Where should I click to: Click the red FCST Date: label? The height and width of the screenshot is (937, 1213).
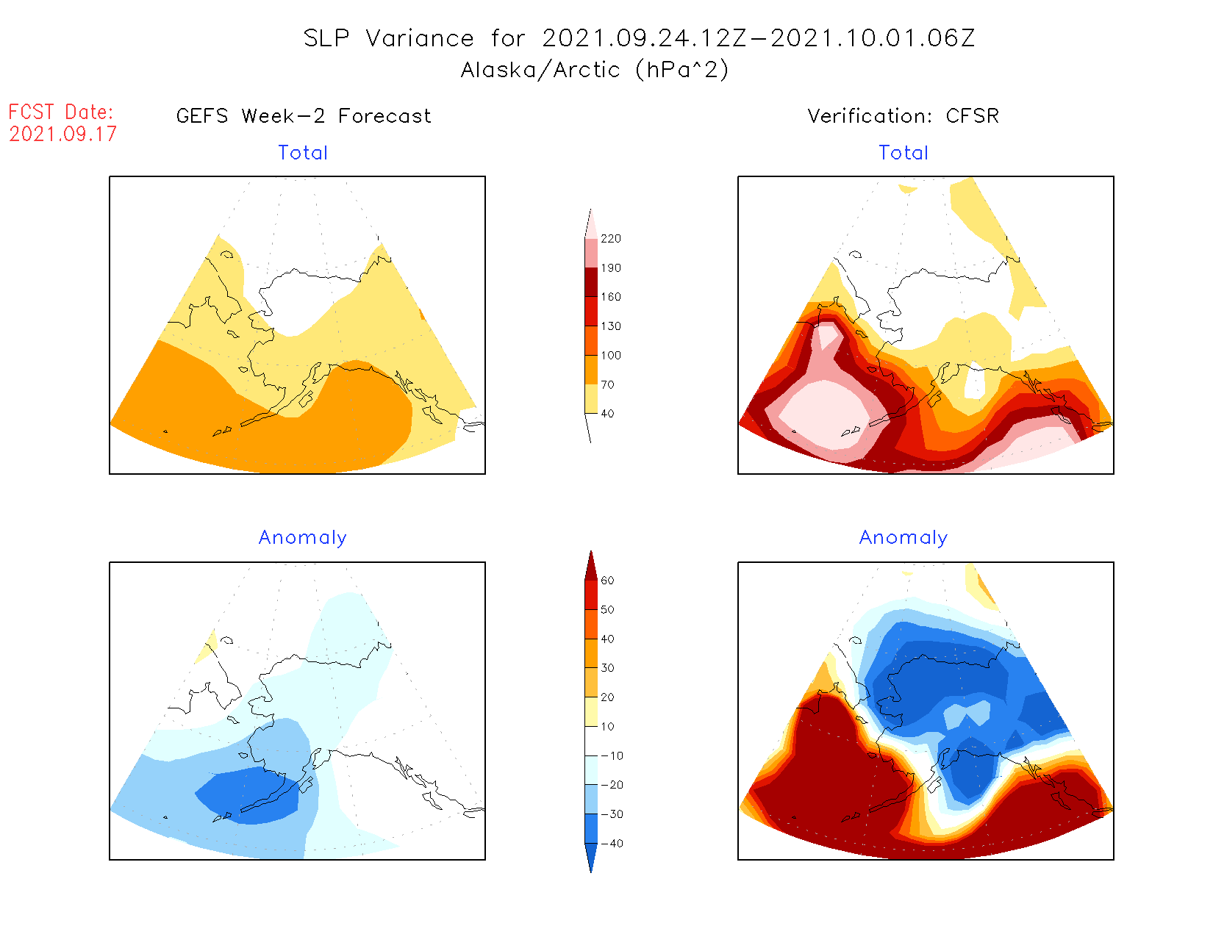point(61,112)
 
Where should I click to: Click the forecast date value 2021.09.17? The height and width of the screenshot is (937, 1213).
point(63,134)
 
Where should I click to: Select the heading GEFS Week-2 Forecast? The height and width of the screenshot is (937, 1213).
point(304,116)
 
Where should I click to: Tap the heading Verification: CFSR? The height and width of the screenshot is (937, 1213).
point(904,116)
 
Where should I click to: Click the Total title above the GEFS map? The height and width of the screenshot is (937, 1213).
point(303,153)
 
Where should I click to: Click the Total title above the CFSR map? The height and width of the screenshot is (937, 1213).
point(904,153)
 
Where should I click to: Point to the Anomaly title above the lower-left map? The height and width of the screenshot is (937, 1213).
point(303,538)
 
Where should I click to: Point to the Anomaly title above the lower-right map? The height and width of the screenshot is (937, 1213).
point(904,538)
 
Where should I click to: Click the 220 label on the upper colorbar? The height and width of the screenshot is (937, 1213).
point(610,239)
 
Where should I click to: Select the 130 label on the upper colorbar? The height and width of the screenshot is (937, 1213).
point(610,326)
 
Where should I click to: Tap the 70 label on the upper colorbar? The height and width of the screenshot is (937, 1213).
point(607,384)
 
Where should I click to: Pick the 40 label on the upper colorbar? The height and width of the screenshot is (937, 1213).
point(607,414)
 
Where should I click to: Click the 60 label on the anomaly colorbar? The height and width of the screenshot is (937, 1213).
point(607,581)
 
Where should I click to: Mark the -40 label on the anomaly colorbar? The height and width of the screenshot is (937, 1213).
point(612,844)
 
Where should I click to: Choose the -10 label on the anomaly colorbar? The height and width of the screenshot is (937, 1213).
point(612,755)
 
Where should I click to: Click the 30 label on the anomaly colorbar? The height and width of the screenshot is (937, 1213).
point(607,668)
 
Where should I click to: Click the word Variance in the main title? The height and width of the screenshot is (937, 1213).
point(420,38)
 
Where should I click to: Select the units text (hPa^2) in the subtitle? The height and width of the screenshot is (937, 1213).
point(682,70)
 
